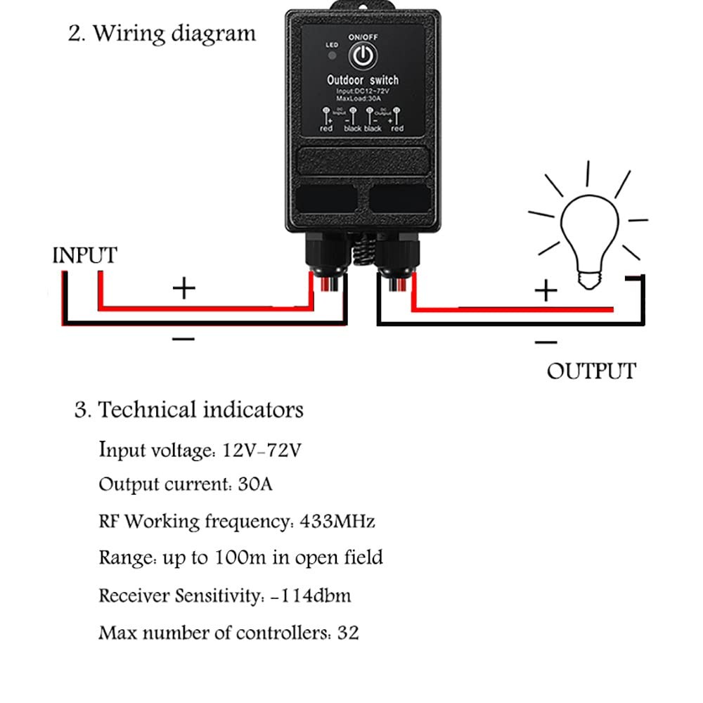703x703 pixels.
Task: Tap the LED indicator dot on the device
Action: [x=332, y=57]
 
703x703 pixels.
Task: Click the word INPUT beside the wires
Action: [x=84, y=255]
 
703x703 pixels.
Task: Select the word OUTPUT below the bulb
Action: [x=591, y=371]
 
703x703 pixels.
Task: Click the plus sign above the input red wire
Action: [x=184, y=288]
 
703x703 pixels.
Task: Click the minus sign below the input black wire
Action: [x=183, y=340]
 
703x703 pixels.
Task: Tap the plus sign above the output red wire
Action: [x=546, y=290]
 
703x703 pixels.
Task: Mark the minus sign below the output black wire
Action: [x=546, y=342]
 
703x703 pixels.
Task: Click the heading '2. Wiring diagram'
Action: [x=162, y=34]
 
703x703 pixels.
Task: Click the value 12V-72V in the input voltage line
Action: [x=262, y=450]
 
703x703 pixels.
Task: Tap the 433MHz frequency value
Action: [x=337, y=521]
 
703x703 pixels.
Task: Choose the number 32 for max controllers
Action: [x=347, y=633]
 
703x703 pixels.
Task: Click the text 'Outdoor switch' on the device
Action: [x=363, y=81]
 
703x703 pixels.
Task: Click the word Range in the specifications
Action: [x=124, y=558]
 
